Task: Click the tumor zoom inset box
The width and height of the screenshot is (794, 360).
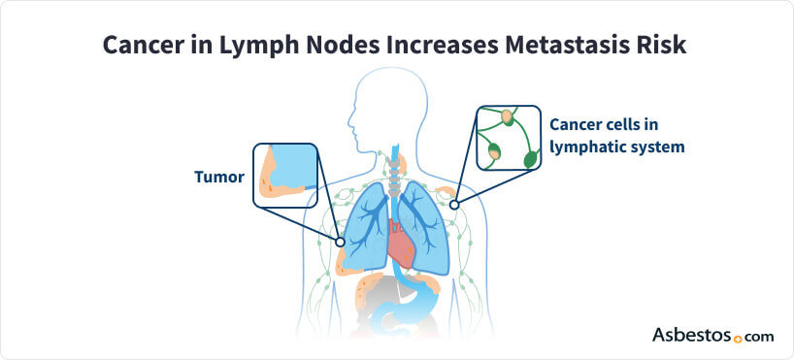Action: [285, 176]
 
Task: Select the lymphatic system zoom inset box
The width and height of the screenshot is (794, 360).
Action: [508, 138]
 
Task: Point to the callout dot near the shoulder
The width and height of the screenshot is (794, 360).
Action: [454, 205]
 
